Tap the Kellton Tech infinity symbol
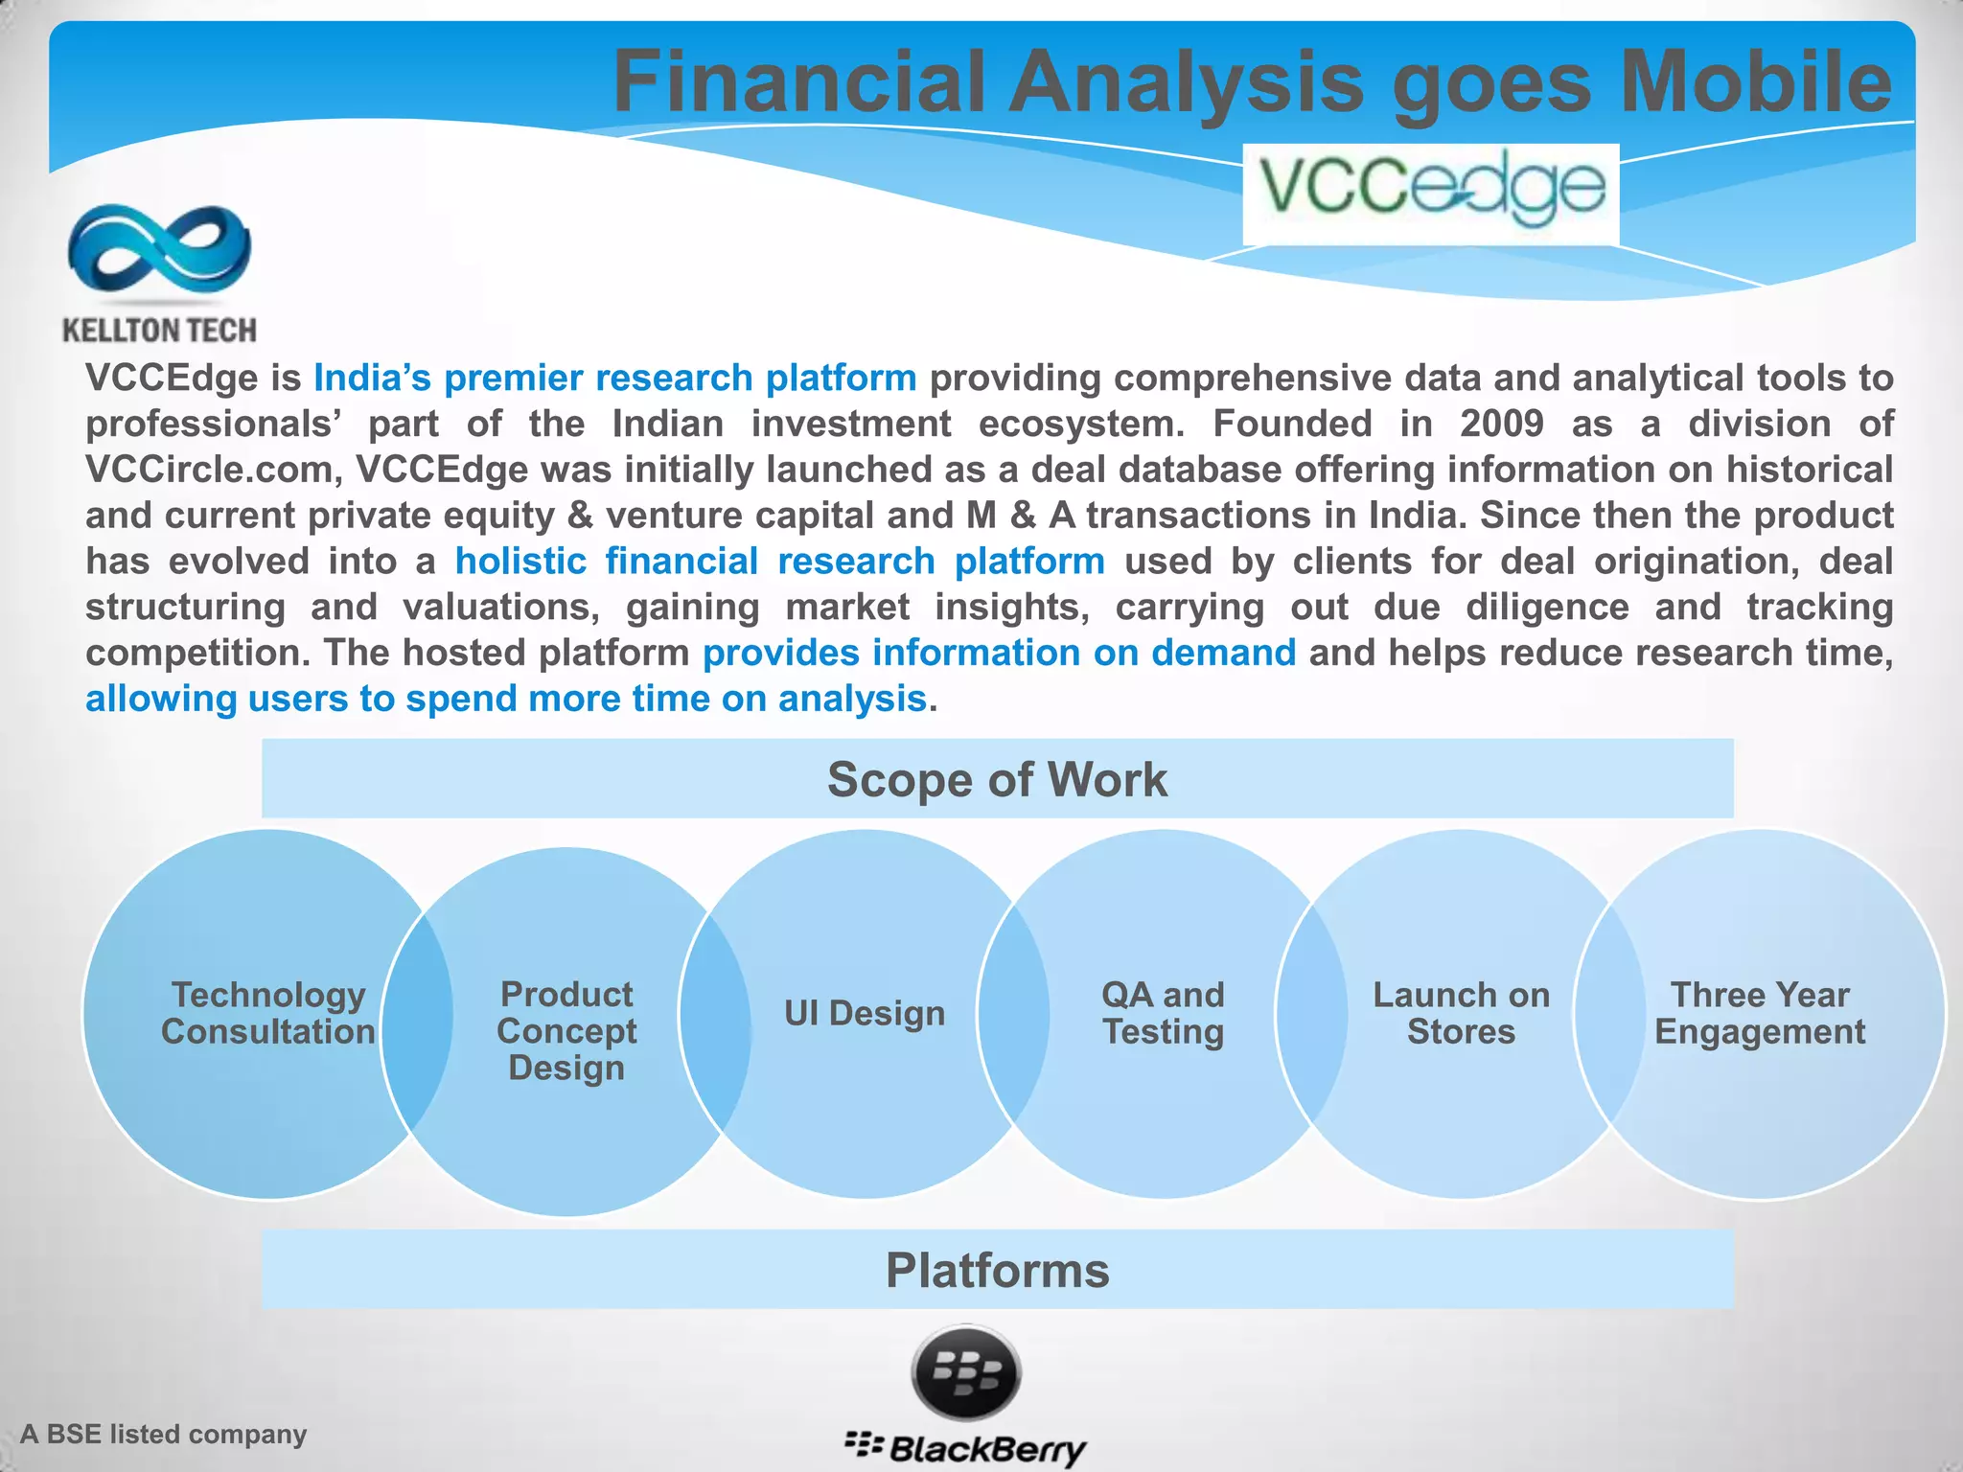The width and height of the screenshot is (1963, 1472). tap(159, 248)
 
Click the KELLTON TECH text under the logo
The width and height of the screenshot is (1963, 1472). tap(159, 331)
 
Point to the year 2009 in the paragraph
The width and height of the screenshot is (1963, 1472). tap(1501, 424)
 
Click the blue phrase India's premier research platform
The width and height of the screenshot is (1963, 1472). tap(614, 378)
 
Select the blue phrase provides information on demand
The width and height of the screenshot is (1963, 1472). tap(999, 653)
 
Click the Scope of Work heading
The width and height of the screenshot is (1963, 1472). tap(997, 779)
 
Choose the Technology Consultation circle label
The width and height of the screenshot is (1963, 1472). tap(268, 1013)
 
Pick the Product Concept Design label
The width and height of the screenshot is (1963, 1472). tap(566, 1031)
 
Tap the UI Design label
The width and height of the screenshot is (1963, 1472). tap(865, 1013)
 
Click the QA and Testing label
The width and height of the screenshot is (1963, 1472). tap(1163, 1013)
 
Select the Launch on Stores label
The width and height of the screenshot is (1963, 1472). tap(1461, 1013)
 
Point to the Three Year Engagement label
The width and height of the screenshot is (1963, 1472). tap(1760, 1013)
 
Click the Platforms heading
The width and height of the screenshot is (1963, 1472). tap(997, 1270)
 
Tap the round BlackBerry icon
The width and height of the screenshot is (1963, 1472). tap(966, 1373)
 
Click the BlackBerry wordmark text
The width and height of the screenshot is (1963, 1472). tap(987, 1448)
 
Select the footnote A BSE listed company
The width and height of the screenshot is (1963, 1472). tap(164, 1434)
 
